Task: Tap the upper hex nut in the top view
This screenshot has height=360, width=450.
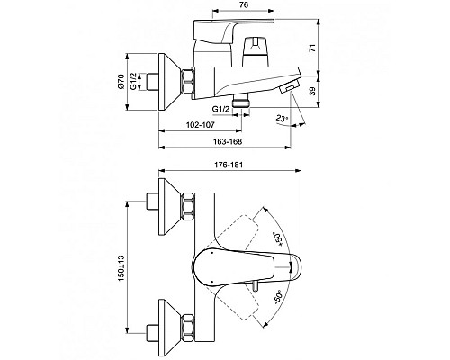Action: (x=190, y=207)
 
